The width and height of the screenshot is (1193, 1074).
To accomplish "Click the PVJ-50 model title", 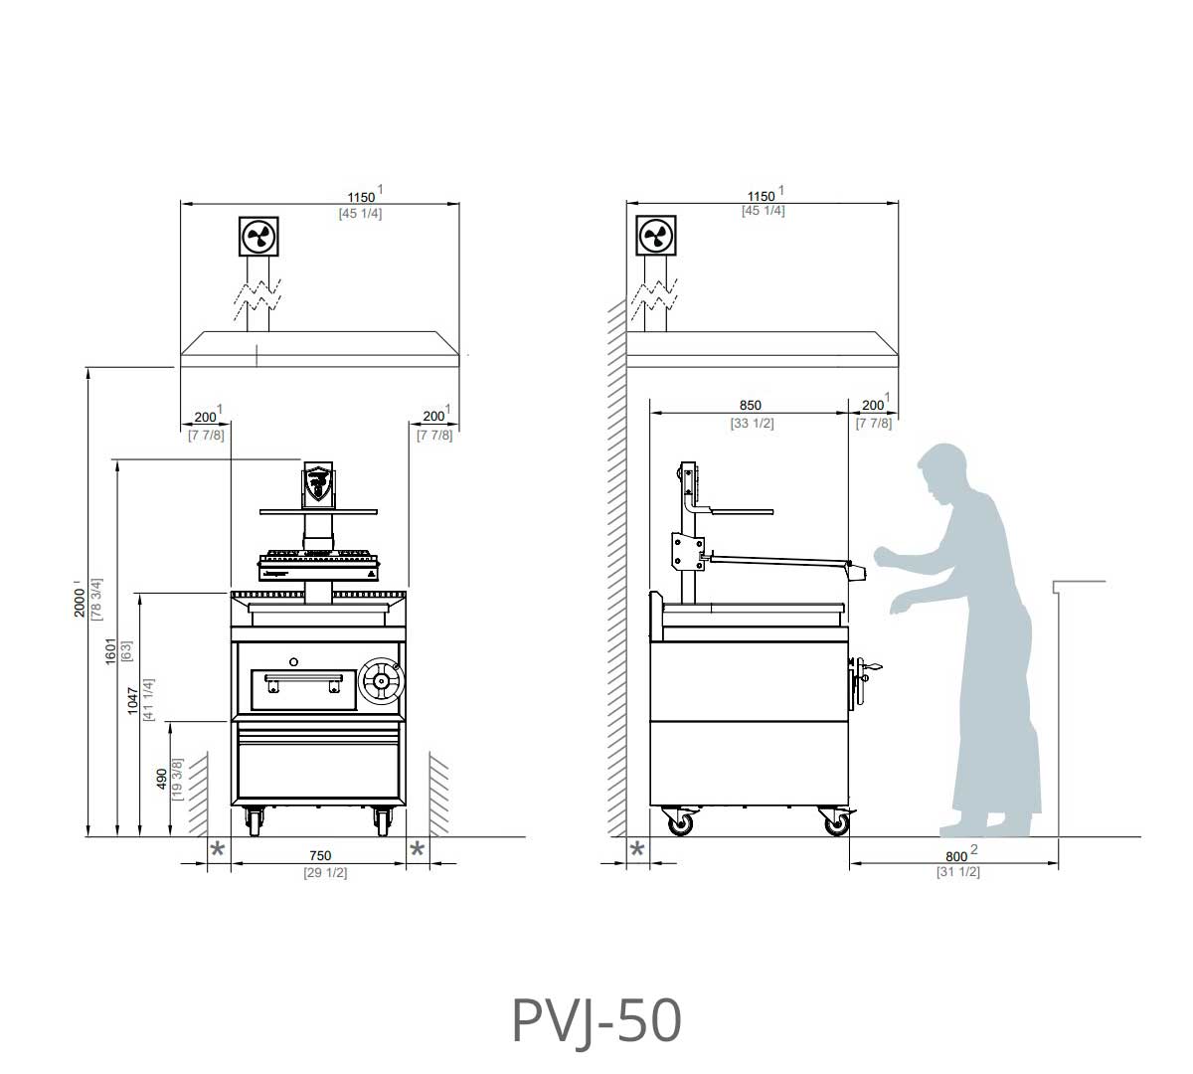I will [x=596, y=1021].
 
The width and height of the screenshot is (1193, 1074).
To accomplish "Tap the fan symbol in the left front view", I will [x=259, y=237].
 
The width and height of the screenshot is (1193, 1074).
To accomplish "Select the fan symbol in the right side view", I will [x=655, y=237].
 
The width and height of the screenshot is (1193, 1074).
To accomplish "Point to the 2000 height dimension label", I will [x=80, y=599].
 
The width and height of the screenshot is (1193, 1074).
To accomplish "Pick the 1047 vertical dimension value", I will [x=133, y=700].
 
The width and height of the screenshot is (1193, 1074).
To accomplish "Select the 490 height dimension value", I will [x=163, y=779].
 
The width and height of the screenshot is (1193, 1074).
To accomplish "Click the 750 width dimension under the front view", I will [x=319, y=855].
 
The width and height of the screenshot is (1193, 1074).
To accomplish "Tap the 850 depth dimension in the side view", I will [x=751, y=405].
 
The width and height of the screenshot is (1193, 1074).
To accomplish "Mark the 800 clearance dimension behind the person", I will [x=955, y=856].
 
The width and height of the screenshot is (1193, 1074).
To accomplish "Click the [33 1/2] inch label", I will [x=752, y=423].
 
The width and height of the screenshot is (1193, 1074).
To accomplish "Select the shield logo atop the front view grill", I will [x=317, y=483].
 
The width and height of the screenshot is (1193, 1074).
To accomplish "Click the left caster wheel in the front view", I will [x=256, y=821].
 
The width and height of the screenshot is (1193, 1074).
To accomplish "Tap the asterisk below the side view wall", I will [x=637, y=849].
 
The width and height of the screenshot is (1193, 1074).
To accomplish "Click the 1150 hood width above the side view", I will [x=761, y=196].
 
